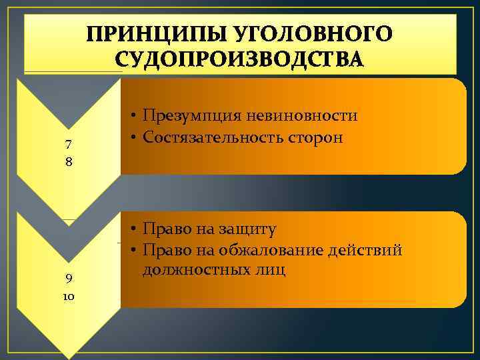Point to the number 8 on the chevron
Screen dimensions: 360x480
[x=69, y=162]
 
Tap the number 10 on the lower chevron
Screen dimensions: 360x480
[x=69, y=296]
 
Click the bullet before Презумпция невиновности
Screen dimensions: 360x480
[x=134, y=117]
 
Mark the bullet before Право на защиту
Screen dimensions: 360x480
[x=134, y=229]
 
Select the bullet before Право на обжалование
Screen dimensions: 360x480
[x=134, y=251]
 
